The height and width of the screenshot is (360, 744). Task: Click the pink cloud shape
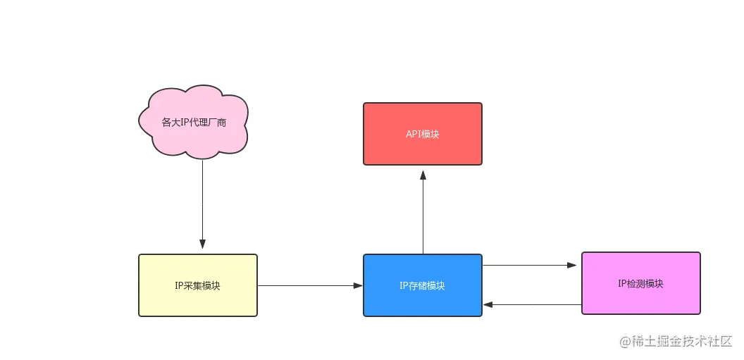pyautogui.click(x=194, y=123)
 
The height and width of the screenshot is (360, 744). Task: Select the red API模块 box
pyautogui.click(x=422, y=134)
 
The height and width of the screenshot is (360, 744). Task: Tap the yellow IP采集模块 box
pyautogui.click(x=198, y=285)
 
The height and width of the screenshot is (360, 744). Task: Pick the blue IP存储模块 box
pyautogui.click(x=422, y=285)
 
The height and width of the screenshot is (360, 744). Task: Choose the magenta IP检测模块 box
pyautogui.click(x=641, y=283)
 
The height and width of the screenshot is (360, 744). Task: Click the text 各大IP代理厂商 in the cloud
pyautogui.click(x=194, y=123)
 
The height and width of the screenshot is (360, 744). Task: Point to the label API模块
pyautogui.click(x=422, y=135)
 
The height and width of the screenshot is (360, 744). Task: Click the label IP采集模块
pyautogui.click(x=197, y=286)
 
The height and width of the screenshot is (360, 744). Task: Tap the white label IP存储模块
pyautogui.click(x=422, y=286)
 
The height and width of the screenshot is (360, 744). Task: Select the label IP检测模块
pyautogui.click(x=640, y=284)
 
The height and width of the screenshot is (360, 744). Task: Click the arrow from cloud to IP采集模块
pyautogui.click(x=203, y=204)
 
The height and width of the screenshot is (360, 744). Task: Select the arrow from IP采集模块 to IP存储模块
pyautogui.click(x=310, y=285)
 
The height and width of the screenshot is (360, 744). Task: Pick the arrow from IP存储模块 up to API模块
pyautogui.click(x=423, y=212)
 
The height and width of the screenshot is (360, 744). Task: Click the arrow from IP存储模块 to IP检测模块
pyautogui.click(x=530, y=265)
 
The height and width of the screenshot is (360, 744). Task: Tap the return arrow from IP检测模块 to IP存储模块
pyautogui.click(x=533, y=304)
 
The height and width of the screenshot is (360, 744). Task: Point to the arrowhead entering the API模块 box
pyautogui.click(x=423, y=175)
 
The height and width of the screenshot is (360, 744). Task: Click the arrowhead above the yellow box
pyautogui.click(x=203, y=244)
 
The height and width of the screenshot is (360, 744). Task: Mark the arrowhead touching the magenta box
pyautogui.click(x=572, y=265)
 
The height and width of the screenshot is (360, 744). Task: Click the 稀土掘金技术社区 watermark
pyautogui.click(x=682, y=341)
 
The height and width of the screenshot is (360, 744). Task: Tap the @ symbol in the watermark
pyautogui.click(x=624, y=342)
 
